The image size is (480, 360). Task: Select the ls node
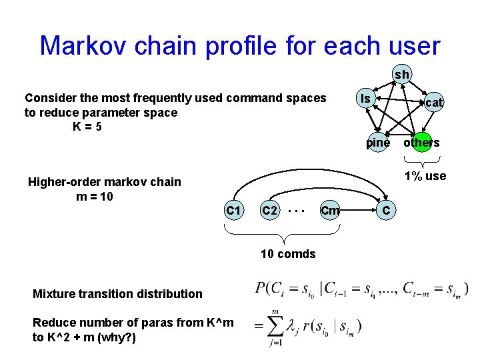pos(365,99)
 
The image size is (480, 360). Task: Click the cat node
pos(434,102)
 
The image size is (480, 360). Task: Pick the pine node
pos(378,142)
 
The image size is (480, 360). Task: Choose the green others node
pos(421,142)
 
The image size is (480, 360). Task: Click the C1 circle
pos(233,211)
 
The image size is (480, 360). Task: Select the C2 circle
pos(269,211)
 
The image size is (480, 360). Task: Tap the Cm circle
pos(330,211)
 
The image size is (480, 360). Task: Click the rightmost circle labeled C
pos(386,211)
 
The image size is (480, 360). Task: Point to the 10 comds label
pos(287,253)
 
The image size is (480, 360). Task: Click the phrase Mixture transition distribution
pos(117,293)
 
